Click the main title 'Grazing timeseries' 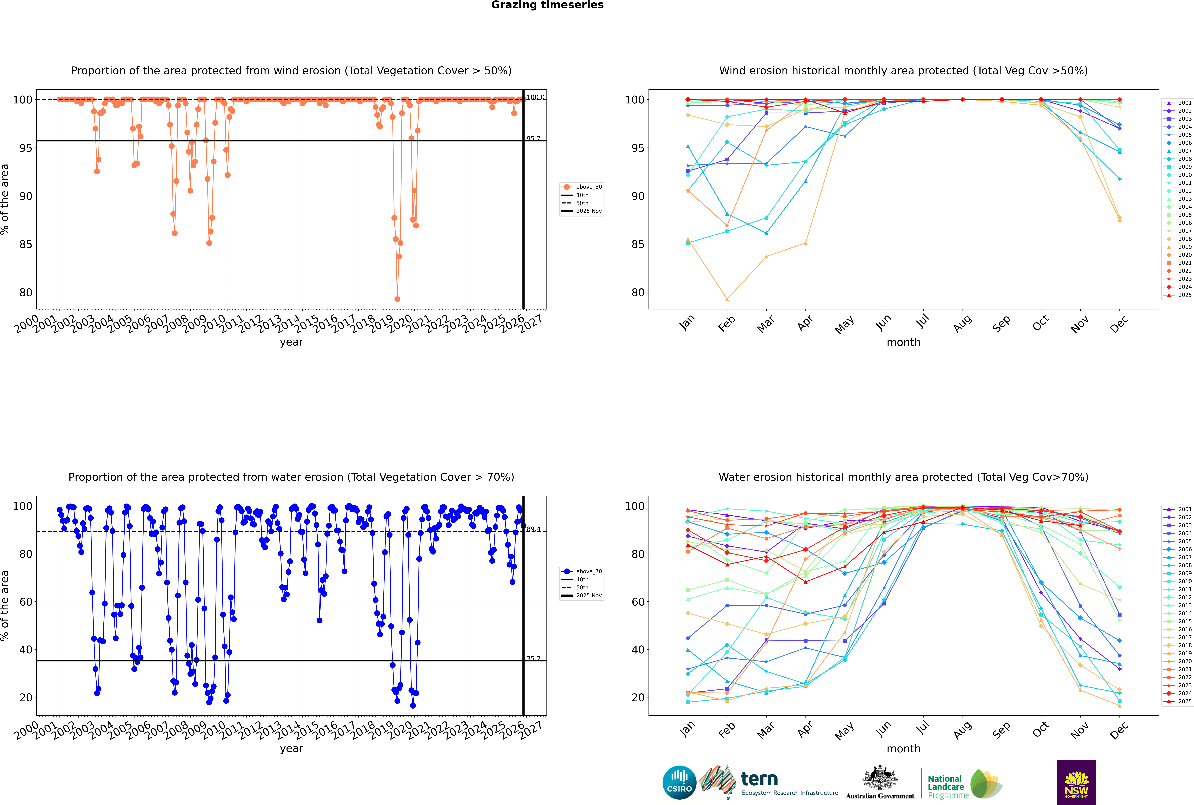point(547,5)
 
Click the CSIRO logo point(679,782)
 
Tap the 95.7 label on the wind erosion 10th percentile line point(533,139)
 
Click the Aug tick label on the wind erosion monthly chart point(962,323)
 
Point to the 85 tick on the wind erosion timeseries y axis point(26,244)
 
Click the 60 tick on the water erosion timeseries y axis point(26,602)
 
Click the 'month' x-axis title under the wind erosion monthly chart point(903,342)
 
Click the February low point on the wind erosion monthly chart point(727,299)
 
